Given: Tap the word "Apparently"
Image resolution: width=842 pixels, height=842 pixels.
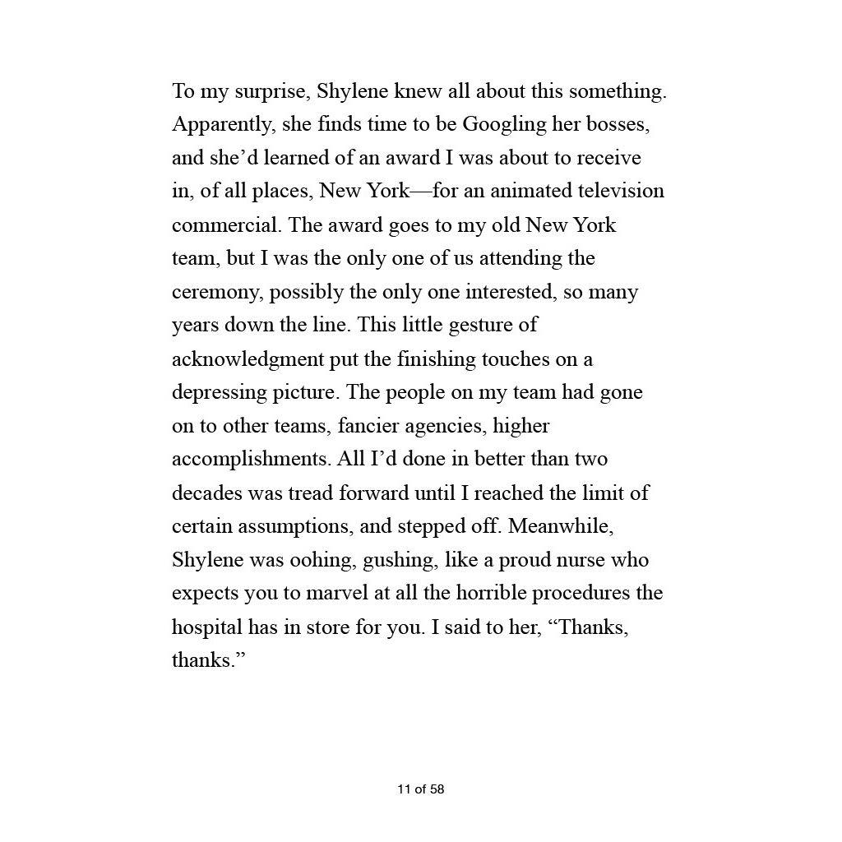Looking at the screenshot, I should click(224, 125).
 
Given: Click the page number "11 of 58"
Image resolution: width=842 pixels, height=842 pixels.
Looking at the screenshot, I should click(420, 789).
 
